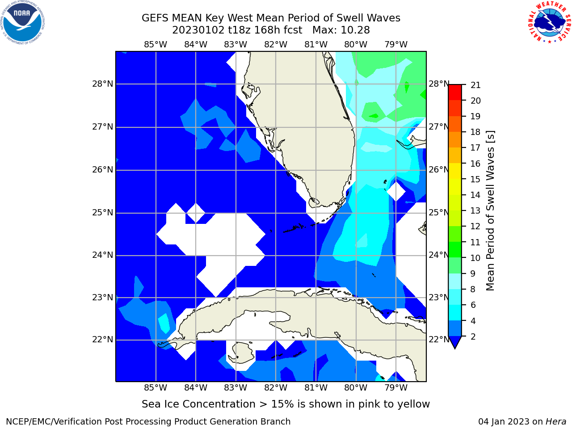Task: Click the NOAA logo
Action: tap(23, 23)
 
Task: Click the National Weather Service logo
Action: tap(549, 22)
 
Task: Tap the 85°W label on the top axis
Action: tap(156, 45)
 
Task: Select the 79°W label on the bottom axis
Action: tap(396, 388)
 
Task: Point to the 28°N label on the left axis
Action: tap(103, 84)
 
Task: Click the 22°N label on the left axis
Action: tap(103, 340)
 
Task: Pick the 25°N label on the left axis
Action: tap(103, 213)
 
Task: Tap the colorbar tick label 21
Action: tap(475, 85)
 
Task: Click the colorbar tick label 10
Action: tap(475, 258)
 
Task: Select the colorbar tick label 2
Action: tap(473, 337)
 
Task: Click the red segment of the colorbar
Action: tap(455, 93)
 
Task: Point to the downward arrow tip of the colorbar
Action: tap(455, 348)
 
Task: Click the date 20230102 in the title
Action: tap(198, 30)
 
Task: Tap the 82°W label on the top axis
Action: tap(276, 45)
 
